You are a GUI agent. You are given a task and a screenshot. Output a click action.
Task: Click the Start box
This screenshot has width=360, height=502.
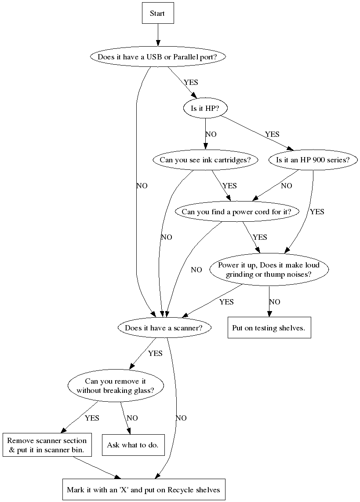157,14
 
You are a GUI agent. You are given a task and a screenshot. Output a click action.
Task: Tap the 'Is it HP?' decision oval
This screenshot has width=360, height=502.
205,108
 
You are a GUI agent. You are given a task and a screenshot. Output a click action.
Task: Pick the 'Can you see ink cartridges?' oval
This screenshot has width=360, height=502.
205,160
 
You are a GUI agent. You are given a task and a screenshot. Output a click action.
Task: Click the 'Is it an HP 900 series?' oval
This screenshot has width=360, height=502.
313,160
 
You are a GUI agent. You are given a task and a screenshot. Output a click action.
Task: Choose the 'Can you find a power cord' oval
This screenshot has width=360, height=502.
236,212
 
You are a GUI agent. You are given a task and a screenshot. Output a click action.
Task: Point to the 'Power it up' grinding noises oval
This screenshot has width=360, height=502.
269,270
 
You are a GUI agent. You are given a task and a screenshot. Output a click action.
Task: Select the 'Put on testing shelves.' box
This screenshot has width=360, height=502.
269,328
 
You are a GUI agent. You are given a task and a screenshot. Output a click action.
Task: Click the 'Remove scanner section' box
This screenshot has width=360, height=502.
47,445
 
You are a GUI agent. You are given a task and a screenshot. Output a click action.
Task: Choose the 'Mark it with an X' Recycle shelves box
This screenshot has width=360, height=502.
143,489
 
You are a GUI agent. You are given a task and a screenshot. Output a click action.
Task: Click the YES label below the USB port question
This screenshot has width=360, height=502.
191,82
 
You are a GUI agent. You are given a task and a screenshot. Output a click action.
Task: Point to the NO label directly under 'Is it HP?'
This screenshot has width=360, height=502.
211,134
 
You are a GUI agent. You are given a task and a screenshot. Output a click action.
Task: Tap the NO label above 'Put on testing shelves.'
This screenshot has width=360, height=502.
274,302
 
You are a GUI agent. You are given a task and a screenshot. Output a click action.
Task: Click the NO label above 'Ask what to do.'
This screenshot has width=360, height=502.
132,418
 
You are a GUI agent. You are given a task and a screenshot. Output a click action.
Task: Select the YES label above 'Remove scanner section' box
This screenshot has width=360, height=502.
92,418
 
